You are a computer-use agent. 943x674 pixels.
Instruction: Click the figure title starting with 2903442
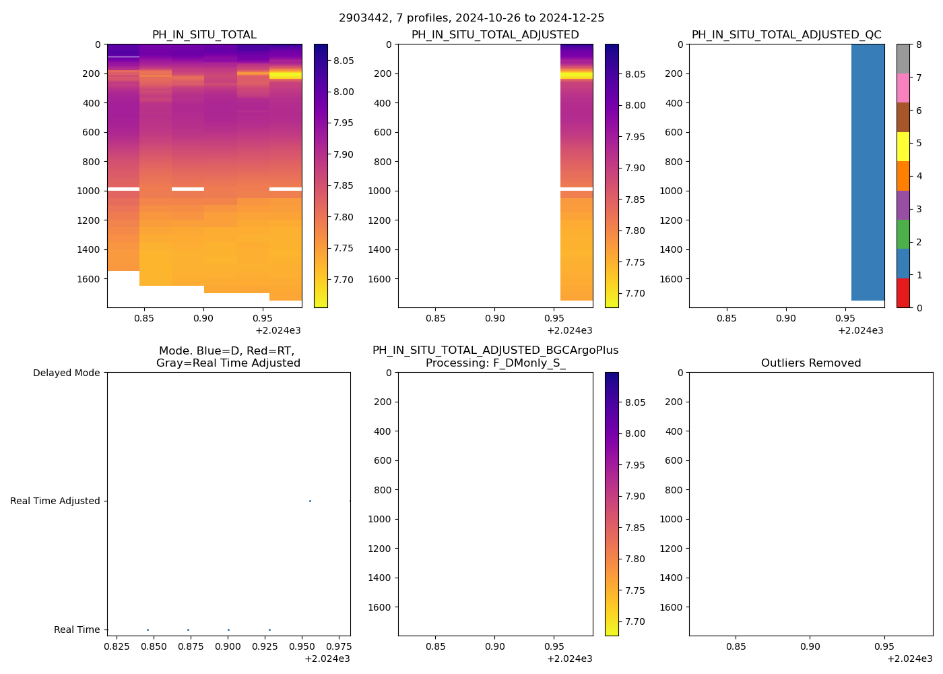point(471,18)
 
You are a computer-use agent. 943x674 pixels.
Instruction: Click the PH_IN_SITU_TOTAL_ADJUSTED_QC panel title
point(786,35)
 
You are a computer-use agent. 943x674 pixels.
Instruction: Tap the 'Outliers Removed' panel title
point(811,363)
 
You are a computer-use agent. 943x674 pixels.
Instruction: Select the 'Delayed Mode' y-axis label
point(66,373)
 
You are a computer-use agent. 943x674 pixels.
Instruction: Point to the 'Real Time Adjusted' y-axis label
point(55,501)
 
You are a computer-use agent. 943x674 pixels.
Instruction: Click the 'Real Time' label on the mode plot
point(77,630)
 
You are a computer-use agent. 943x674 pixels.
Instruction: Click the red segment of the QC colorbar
point(903,293)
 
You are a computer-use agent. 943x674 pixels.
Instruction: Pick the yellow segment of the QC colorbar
point(903,146)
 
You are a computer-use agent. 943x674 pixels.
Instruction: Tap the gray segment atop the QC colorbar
point(903,59)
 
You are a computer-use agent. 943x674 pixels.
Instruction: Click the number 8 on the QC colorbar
point(919,44)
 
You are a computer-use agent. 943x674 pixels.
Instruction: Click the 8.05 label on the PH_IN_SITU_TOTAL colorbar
point(344,61)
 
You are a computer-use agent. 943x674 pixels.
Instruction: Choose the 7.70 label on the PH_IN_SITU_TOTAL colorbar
point(344,280)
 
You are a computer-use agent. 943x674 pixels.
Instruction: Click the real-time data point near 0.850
point(148,630)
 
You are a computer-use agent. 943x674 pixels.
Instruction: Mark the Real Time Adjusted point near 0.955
point(310,501)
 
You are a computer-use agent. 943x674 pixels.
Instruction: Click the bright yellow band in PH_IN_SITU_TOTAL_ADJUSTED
point(577,75)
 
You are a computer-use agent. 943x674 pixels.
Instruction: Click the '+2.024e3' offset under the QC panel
point(860,330)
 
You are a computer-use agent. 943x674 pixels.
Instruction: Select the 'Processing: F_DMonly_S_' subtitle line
point(495,363)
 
